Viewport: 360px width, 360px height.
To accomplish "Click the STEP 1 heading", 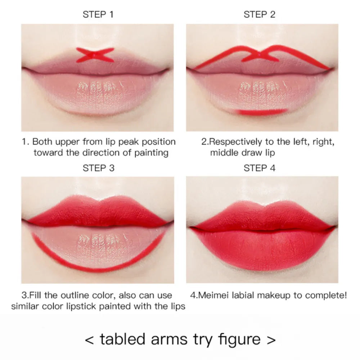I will (x=98, y=15).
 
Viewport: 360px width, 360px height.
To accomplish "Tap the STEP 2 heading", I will (x=259, y=15).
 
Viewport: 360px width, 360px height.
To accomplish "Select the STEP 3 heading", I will (x=98, y=168).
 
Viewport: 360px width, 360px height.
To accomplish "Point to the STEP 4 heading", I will (x=259, y=168).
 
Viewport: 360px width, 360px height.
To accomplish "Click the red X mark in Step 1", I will (x=95, y=55).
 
